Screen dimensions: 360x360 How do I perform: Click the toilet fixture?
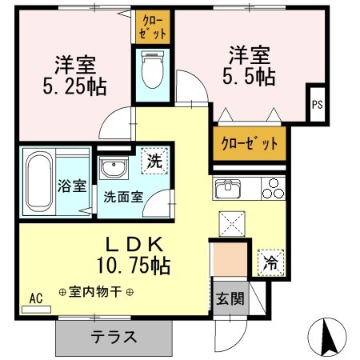153,70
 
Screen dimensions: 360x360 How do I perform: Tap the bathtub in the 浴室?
39,182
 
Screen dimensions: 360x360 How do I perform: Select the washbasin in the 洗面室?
114,167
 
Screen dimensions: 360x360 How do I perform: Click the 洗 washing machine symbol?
154,161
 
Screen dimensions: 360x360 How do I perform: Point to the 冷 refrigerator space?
270,262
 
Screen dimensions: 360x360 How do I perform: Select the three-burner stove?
273,189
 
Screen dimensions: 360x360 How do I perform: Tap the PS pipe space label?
318,104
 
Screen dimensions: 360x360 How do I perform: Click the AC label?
36,298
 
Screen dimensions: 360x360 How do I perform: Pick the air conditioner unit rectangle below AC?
36,310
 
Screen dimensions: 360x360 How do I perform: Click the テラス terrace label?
114,337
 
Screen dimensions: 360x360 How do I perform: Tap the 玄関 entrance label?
230,298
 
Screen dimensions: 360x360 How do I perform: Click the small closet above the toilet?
153,27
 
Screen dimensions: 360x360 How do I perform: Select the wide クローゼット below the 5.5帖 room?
250,144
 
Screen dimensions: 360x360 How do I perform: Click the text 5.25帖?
75,87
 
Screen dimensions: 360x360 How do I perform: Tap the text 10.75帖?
134,266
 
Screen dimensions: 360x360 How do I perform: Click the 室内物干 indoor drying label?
96,292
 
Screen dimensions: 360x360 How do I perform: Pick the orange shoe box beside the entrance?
229,259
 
